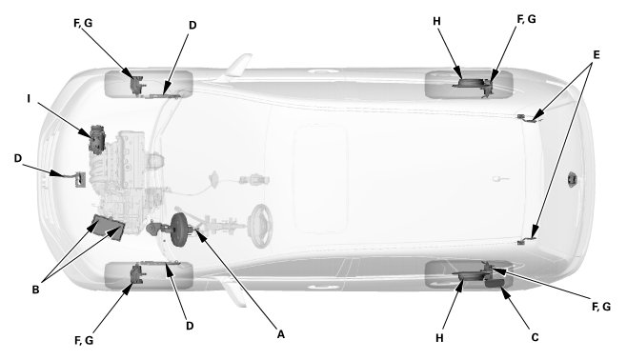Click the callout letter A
point(281,334)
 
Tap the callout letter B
point(35,290)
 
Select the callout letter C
point(535,338)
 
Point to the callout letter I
point(29,98)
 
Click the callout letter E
point(597,54)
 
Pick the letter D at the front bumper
point(18,158)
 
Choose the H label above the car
point(436,21)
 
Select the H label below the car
point(439,338)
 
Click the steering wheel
point(260,226)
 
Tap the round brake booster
point(179,230)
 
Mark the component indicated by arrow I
point(97,139)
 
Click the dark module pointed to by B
point(108,227)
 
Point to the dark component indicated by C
point(496,283)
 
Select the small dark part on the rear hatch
point(572,179)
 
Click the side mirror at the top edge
point(238,65)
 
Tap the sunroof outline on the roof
point(320,179)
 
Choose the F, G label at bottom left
point(84,340)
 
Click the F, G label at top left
point(83,23)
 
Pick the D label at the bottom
point(190,326)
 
